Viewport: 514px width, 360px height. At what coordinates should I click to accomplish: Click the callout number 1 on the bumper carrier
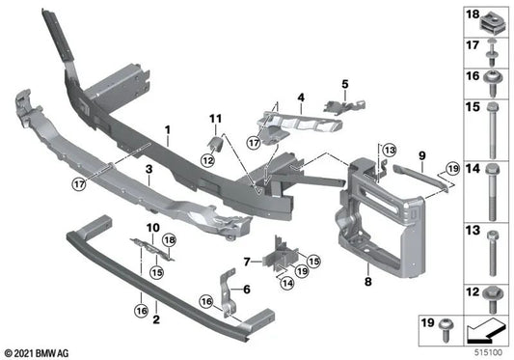[168, 130]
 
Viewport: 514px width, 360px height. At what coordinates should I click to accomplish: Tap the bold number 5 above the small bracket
[345, 84]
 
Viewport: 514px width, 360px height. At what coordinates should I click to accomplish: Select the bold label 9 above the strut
[421, 155]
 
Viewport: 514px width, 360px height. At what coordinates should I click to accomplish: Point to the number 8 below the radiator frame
[368, 281]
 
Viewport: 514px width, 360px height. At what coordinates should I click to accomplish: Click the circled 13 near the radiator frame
[390, 151]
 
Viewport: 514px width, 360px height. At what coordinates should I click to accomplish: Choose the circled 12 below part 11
[207, 160]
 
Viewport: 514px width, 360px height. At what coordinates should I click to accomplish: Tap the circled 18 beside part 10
[170, 240]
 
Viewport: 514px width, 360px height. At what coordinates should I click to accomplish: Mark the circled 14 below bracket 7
[287, 283]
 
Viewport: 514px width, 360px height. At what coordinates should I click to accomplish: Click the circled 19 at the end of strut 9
[453, 169]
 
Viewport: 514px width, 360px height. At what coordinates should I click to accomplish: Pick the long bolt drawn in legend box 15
[492, 130]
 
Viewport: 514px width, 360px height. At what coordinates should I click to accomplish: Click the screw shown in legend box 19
[446, 329]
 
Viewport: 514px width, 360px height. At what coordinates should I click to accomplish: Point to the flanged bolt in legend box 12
[491, 299]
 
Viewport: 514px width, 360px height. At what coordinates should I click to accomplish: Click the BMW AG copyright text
[37, 353]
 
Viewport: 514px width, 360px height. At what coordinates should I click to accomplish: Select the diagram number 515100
[488, 353]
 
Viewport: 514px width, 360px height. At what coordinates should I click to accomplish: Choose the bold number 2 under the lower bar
[156, 319]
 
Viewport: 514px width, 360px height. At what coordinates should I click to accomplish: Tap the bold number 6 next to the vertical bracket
[247, 290]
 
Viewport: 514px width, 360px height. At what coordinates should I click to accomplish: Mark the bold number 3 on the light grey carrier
[149, 170]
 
